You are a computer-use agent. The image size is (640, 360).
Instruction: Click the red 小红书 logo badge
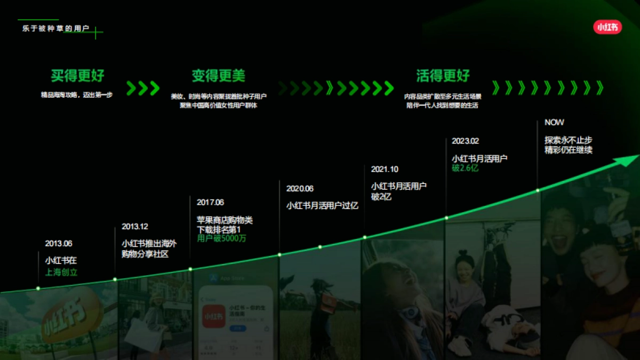(x=607, y=27)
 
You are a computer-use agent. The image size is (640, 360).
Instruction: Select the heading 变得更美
(x=218, y=76)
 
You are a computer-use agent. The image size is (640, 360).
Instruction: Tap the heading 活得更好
(x=443, y=76)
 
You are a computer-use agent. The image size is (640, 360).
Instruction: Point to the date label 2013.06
(x=59, y=244)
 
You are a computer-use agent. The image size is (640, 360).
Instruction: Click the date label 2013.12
(x=135, y=227)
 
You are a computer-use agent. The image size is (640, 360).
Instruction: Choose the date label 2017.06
(x=210, y=203)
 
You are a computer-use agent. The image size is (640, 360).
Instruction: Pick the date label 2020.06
(x=300, y=189)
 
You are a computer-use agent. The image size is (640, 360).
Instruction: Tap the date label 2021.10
(x=385, y=170)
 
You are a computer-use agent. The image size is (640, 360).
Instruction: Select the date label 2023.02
(x=465, y=141)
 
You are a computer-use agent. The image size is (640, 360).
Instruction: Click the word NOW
(x=554, y=123)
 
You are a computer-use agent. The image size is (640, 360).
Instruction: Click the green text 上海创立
(x=61, y=273)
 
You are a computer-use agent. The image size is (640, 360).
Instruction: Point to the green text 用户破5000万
(x=222, y=238)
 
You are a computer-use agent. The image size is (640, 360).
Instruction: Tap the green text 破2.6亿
(x=465, y=168)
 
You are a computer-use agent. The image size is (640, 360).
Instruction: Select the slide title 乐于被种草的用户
(x=55, y=28)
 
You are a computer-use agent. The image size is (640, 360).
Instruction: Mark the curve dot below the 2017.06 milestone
(x=190, y=269)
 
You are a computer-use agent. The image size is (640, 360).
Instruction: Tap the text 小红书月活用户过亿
(x=322, y=205)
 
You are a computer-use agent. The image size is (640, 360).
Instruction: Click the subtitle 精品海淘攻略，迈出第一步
(x=77, y=95)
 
